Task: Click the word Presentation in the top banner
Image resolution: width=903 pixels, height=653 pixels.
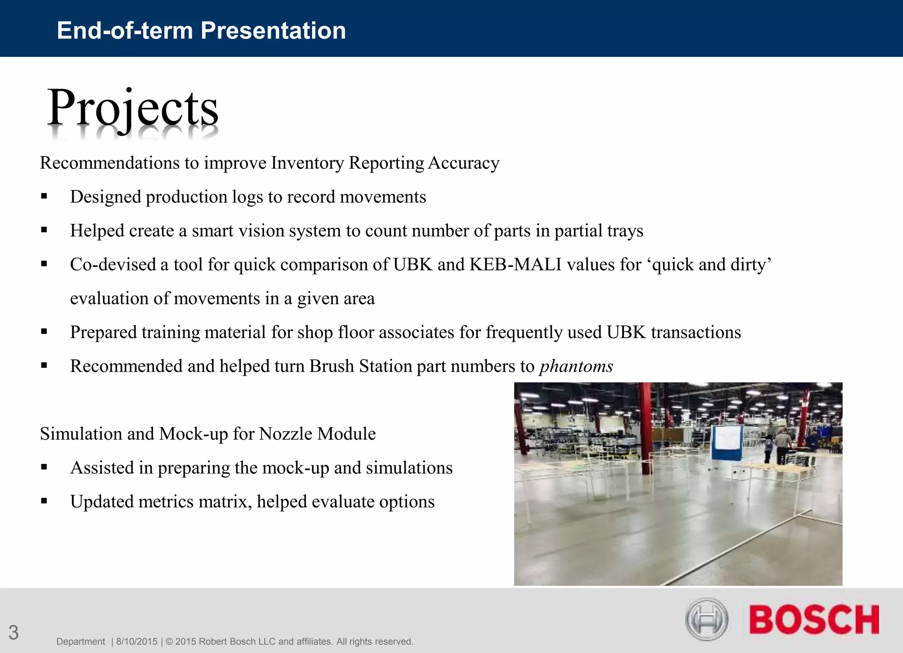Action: [273, 30]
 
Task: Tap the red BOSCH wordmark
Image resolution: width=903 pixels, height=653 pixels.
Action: [813, 619]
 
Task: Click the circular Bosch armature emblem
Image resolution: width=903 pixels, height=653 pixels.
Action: [706, 619]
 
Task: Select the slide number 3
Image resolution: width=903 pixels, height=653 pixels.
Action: [14, 633]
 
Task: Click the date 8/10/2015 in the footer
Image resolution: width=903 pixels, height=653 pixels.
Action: [137, 642]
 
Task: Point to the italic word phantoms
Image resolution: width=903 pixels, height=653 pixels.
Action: [576, 366]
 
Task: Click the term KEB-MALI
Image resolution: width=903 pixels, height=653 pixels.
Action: [515, 265]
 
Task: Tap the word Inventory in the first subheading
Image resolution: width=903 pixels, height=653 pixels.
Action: [307, 163]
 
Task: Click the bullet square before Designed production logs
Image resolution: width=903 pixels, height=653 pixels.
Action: [44, 197]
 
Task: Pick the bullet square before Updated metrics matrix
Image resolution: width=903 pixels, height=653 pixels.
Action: [44, 501]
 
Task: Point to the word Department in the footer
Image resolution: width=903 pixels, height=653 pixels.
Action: [81, 642]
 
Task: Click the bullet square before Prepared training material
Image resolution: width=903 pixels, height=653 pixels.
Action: [44, 332]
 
